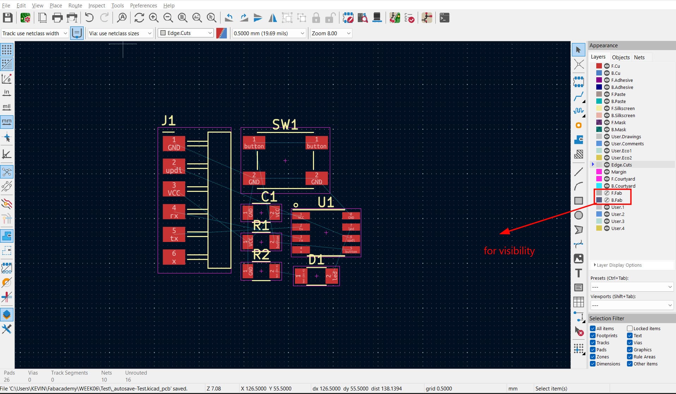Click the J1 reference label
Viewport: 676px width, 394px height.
[x=168, y=121]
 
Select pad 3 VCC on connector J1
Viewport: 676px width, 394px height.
[x=174, y=189]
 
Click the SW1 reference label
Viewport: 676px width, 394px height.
[x=285, y=125]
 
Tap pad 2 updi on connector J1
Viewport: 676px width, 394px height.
[x=174, y=166]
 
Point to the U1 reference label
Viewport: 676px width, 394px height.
[x=325, y=202]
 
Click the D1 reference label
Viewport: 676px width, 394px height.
[x=316, y=260]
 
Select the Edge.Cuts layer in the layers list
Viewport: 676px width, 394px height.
[x=621, y=165]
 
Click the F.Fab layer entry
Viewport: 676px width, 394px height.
[x=616, y=193]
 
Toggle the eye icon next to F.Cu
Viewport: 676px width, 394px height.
[x=607, y=66]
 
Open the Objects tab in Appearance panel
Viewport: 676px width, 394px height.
[x=621, y=57]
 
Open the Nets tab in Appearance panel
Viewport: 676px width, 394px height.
[x=639, y=57]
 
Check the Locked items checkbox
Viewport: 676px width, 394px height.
[x=630, y=328]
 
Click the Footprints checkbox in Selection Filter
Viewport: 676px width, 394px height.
[x=593, y=335]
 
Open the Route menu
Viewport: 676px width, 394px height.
[x=75, y=5]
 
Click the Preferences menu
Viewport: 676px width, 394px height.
[x=143, y=5]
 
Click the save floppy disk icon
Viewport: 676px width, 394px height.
[x=7, y=18]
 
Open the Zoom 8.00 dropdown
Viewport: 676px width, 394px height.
[x=331, y=33]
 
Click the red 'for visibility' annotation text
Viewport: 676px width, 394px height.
[x=509, y=251]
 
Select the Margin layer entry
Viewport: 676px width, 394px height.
[x=618, y=172]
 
